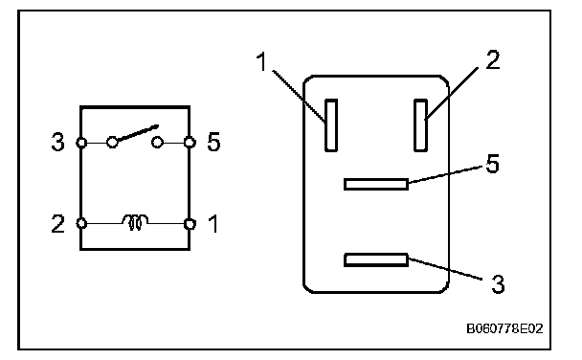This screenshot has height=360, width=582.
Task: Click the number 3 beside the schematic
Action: pos(57,142)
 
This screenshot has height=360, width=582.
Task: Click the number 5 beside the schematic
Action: pos(213,142)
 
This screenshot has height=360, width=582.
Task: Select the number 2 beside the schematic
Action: pos(57,224)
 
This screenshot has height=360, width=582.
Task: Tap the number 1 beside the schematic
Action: pos(213,224)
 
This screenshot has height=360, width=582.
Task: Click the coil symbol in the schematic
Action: pos(135,222)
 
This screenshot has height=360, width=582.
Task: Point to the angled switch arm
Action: pos(138,133)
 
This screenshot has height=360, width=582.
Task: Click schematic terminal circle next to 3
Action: pos(81,143)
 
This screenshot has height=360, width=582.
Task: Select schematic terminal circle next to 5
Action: pos(190,142)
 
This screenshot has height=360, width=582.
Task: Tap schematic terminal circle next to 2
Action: pos(81,223)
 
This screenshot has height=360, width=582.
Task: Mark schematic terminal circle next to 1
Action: pos(190,224)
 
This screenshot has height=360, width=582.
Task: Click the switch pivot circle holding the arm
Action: pos(112,142)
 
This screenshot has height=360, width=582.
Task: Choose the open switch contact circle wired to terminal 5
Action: pos(157,142)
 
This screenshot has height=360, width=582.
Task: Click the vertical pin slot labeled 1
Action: pos(331,125)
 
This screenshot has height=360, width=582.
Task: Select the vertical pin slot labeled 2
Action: pos(420,125)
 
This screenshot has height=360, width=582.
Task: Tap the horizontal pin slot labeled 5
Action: pos(376,185)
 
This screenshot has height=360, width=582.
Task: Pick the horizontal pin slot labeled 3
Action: pos(376,259)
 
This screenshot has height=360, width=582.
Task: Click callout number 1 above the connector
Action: pos(262,61)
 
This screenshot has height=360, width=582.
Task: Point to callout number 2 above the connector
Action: pos(493,60)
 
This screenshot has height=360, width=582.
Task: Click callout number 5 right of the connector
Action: pos(493,164)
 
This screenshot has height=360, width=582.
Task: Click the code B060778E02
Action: pos(504,328)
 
